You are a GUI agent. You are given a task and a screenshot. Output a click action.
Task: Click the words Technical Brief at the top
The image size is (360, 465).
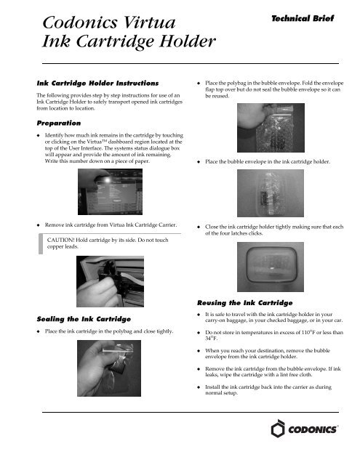pyautogui.click(x=303, y=18)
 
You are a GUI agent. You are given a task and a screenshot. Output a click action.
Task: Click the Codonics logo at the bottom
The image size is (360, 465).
pyautogui.click(x=305, y=429)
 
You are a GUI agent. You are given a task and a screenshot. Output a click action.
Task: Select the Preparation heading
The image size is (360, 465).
pyautogui.click(x=59, y=123)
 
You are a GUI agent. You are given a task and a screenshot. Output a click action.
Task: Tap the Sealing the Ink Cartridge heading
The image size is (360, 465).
pyautogui.click(x=84, y=319)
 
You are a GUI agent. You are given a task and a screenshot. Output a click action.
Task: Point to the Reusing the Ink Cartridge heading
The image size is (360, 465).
pyautogui.click(x=245, y=303)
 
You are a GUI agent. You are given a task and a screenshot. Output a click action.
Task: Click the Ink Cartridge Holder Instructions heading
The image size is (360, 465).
pyautogui.click(x=97, y=83)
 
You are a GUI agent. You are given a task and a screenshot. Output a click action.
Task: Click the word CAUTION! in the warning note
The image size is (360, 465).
pyautogui.click(x=60, y=240)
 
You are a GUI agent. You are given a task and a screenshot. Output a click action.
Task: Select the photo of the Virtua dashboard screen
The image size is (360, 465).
pyautogui.click(x=110, y=192)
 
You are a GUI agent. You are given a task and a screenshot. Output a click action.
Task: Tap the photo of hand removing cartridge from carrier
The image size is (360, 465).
pyautogui.click(x=110, y=281)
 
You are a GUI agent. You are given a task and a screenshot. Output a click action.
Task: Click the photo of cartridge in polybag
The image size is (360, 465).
pyautogui.click(x=109, y=368)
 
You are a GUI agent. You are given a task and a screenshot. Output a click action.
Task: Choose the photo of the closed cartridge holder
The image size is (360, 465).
pyautogui.click(x=271, y=267)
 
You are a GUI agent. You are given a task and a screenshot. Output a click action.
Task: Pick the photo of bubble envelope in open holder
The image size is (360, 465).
pyautogui.click(x=271, y=193)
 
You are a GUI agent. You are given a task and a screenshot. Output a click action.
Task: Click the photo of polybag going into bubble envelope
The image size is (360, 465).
pyautogui.click(x=271, y=128)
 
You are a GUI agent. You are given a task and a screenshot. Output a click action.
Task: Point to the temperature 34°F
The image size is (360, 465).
pyautogui.click(x=211, y=339)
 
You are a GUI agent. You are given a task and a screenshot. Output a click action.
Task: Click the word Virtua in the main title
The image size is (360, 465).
pyautogui.click(x=149, y=23)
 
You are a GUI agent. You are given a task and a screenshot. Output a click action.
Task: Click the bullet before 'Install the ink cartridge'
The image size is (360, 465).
pyautogui.click(x=199, y=387)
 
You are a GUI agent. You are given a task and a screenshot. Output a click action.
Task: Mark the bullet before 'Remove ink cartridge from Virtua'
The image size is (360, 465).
pyautogui.click(x=39, y=225)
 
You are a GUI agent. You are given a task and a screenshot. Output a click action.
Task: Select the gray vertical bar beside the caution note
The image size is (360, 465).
pyautogui.click(x=41, y=244)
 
